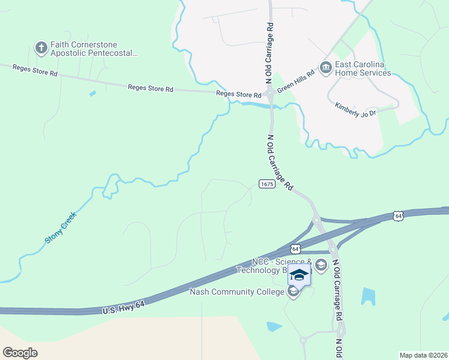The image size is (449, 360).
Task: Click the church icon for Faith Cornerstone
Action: point(41,48)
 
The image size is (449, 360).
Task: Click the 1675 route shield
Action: point(267,184)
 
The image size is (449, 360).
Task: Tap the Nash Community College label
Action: point(237,292)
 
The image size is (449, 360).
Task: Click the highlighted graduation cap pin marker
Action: point(299,275)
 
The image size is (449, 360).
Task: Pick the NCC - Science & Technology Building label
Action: point(281,266)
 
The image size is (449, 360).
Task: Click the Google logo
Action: point(20,352)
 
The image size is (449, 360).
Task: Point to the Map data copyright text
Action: point(423,355)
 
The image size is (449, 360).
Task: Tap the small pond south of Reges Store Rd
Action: point(92,93)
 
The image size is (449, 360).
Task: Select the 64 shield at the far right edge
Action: point(399,215)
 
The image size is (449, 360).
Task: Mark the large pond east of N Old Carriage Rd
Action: point(368,296)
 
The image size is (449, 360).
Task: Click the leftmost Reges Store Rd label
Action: point(35,70)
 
